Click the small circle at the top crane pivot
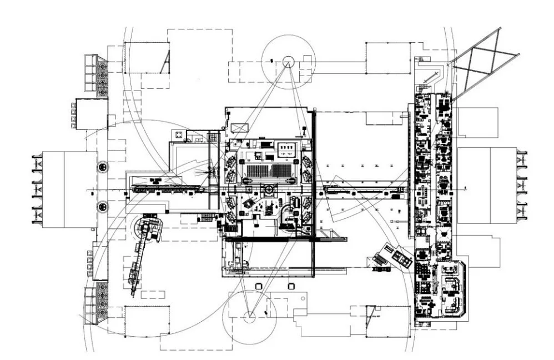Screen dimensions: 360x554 288,61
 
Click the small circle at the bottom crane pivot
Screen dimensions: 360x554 250,317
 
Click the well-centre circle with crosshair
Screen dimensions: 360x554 269,189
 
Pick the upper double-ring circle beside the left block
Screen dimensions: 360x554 103,167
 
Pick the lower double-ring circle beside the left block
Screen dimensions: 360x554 103,207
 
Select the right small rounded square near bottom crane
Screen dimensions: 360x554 290,286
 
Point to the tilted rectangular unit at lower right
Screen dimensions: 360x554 395,256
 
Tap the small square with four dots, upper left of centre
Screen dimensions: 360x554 178,135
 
